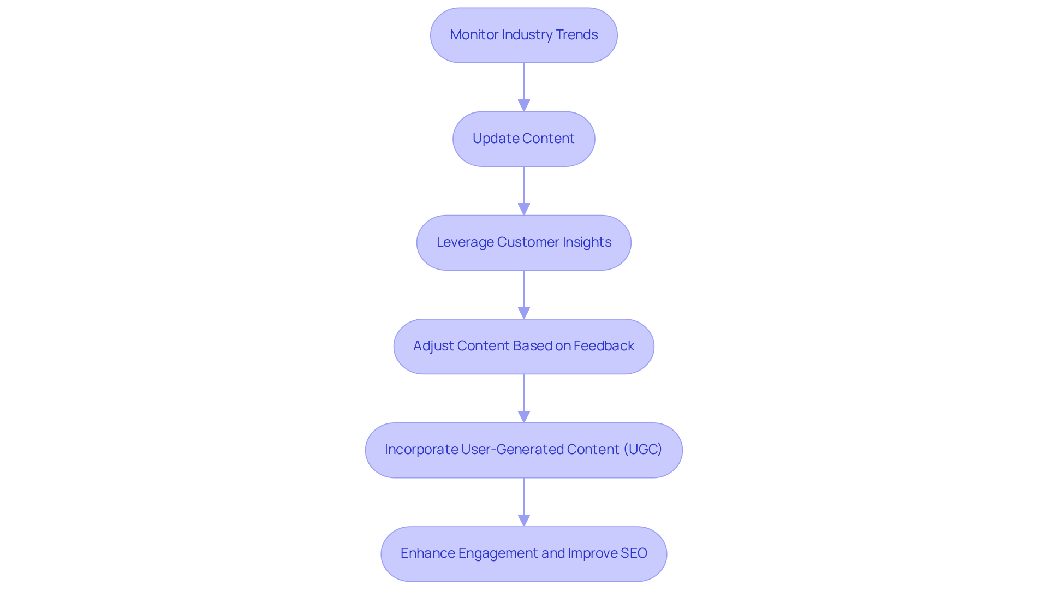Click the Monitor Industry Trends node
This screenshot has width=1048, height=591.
tap(523, 35)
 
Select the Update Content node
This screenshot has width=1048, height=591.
tap(523, 139)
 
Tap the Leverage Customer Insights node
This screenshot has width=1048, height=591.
tap(523, 243)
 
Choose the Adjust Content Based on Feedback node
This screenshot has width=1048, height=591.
tap(523, 347)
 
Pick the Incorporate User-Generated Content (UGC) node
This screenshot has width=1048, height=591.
tap(523, 450)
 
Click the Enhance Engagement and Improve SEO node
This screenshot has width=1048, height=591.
tap(523, 554)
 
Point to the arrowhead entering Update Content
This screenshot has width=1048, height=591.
tap(524, 105)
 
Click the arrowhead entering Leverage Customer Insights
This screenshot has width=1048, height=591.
tap(524, 209)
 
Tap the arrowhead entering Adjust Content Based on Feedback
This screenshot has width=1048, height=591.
tap(524, 313)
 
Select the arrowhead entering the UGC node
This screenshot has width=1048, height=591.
tap(524, 416)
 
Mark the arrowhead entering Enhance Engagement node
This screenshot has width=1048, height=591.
tap(524, 520)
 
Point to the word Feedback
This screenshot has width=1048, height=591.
tap(604, 346)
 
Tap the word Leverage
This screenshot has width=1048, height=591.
tap(465, 242)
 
